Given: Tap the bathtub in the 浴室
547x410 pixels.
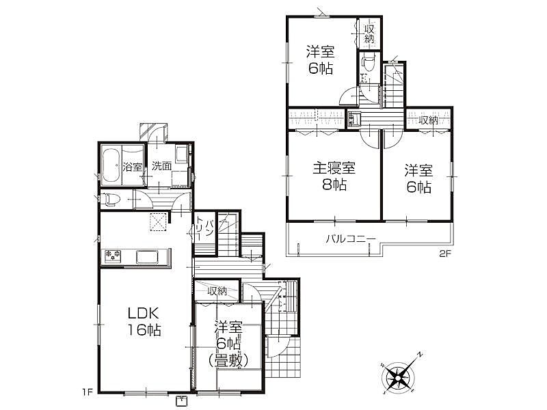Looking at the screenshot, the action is (111, 165).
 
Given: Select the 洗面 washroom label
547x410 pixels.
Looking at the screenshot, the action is (161, 166).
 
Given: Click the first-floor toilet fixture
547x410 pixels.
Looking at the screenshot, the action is (111, 200).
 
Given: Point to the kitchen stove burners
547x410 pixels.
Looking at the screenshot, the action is (112, 256).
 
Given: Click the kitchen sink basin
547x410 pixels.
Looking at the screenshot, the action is (146, 257).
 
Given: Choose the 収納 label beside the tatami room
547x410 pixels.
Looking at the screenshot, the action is (217, 291).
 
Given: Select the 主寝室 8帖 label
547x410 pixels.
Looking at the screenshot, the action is (334, 176).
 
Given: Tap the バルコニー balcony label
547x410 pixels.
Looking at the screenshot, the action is (350, 239).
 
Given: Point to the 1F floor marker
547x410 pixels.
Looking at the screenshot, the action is (88, 392).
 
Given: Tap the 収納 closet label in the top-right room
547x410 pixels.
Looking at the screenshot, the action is (370, 33).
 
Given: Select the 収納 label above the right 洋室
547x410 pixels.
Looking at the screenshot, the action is (429, 120).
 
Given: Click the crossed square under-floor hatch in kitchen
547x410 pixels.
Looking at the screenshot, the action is (159, 221).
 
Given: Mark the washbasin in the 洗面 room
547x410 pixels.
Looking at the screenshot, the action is (182, 154).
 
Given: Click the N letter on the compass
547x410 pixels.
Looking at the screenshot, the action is (421, 355).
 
